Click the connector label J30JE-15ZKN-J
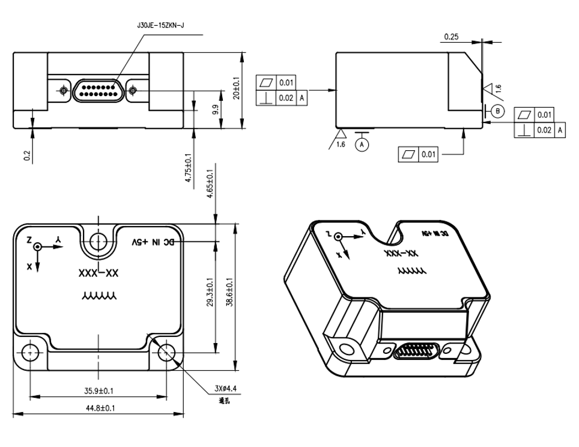pyautogui.click(x=160, y=26)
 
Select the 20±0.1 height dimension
pyautogui.click(x=237, y=89)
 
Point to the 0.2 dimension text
pyautogui.click(x=27, y=156)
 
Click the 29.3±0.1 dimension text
pyautogui.click(x=210, y=292)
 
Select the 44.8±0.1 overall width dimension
pyautogui.click(x=100, y=409)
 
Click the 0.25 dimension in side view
pyautogui.click(x=451, y=37)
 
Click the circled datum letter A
pyautogui.click(x=361, y=144)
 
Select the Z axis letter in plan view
pyautogui.click(x=29, y=240)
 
